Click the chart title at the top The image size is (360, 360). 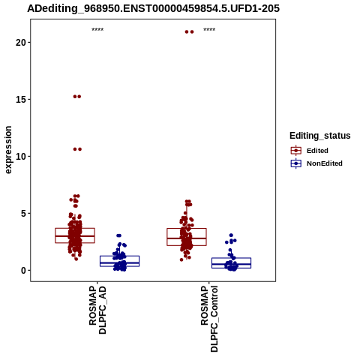[x=153, y=8]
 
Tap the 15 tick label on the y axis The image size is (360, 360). [x=21, y=100]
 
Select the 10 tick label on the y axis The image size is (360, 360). [x=21, y=157]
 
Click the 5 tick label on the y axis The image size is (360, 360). [x=23, y=214]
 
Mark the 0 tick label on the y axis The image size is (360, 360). [x=23, y=271]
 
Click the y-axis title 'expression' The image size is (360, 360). [x=8, y=150]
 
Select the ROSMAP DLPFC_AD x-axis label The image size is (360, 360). [x=97, y=310]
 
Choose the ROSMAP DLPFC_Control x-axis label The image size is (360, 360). [x=209, y=319]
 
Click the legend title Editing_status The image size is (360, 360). [x=320, y=136]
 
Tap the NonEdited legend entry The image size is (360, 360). [x=316, y=163]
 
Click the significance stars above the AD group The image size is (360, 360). [x=97, y=29]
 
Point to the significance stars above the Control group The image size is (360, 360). [x=209, y=29]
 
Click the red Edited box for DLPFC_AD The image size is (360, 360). [x=75, y=235]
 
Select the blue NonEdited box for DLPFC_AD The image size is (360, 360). [x=119, y=261]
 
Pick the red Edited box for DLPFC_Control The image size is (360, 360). [x=187, y=237]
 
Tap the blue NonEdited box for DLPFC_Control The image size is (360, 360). [x=231, y=262]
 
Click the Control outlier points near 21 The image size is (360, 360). [x=189, y=31]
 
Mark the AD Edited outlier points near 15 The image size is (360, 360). [x=77, y=97]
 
